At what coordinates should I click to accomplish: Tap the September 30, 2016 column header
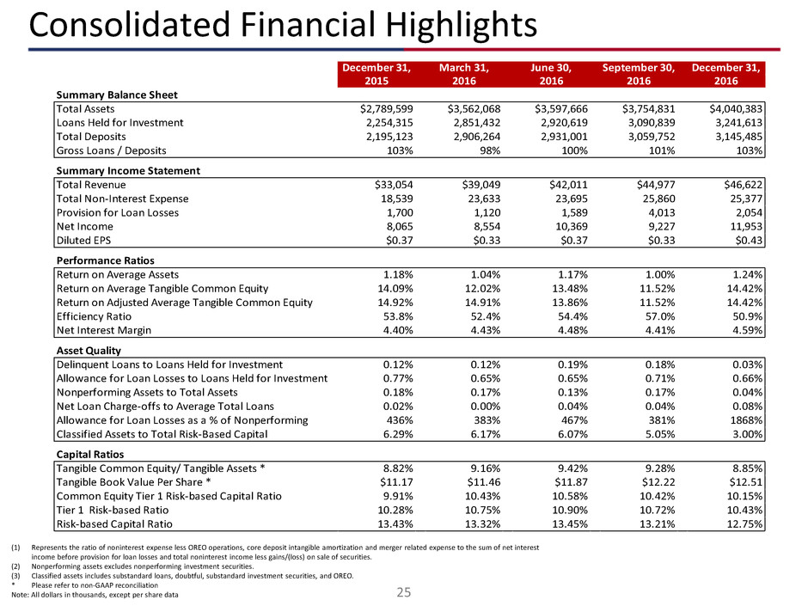point(638,75)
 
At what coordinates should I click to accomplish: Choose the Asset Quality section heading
point(89,351)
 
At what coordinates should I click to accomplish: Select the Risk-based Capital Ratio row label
point(113,523)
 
